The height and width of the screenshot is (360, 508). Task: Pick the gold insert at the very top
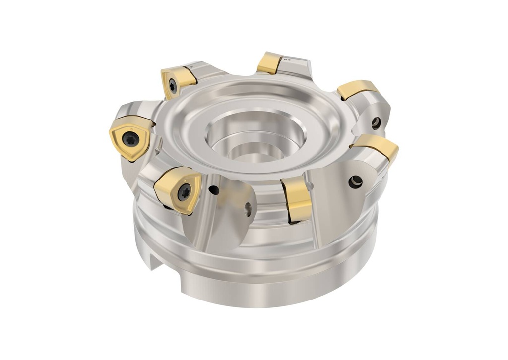click(270, 63)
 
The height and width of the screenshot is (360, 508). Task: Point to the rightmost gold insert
click(377, 146)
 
